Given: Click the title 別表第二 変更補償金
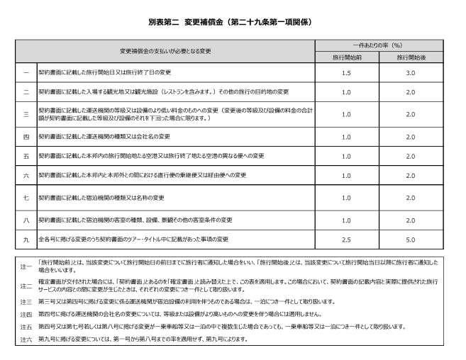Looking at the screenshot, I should pos(233,23).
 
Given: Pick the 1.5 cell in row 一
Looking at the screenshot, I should pos(346,72).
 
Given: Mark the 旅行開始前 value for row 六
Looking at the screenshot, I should pos(346,175).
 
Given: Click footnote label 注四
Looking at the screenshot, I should pos(25,313).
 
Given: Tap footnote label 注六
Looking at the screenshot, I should pos(25,339).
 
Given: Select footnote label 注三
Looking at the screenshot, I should pos(25,301).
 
